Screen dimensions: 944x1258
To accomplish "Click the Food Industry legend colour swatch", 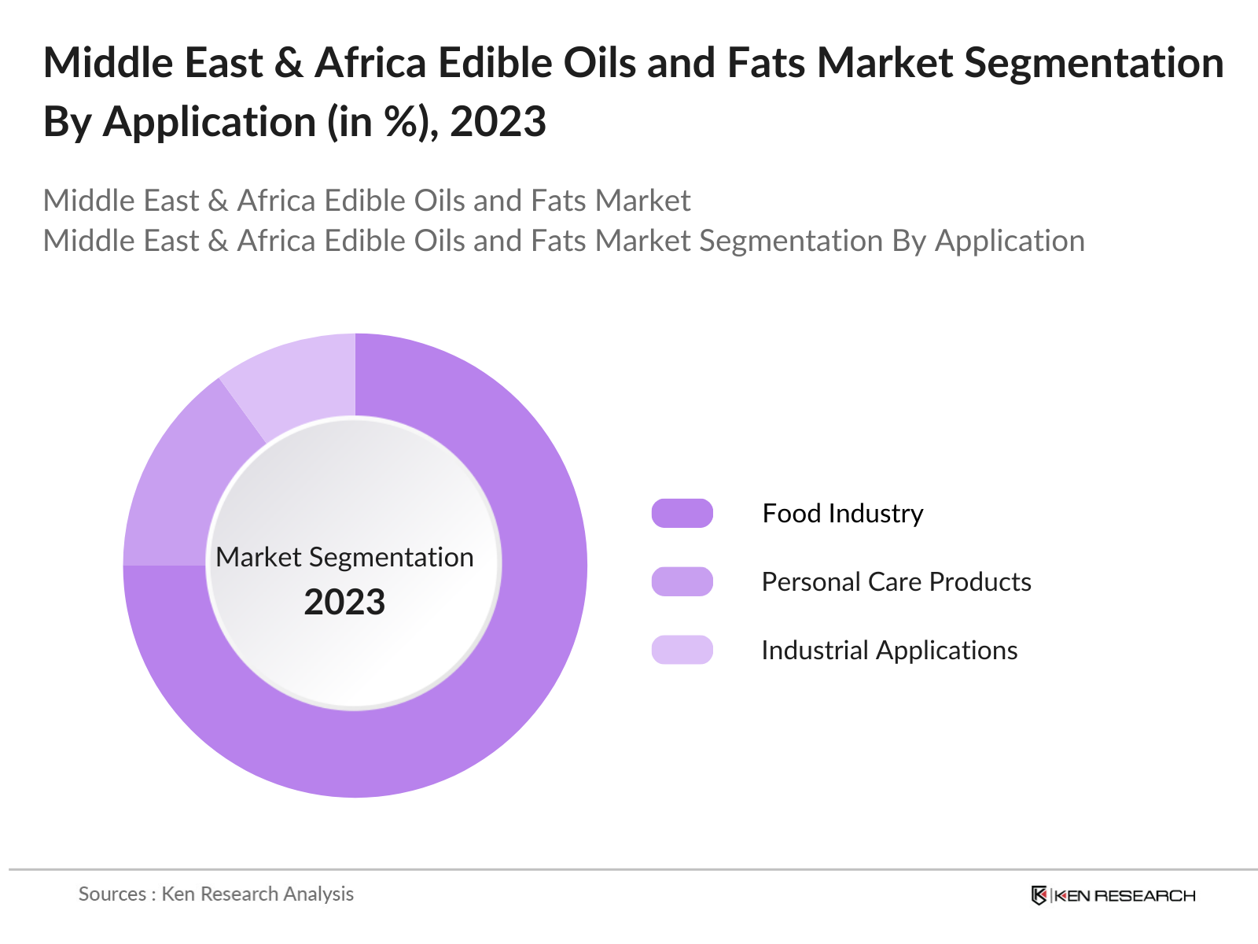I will pos(682,513).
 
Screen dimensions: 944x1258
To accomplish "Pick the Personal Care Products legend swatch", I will pos(682,581).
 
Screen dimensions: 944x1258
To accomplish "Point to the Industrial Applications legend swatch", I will pos(682,650).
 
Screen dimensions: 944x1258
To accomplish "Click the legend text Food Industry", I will pos(842,513).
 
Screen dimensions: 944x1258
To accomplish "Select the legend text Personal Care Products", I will pos(896,581).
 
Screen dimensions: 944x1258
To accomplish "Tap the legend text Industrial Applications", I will pos(889,650).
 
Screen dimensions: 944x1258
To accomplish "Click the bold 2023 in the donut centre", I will pos(344,602).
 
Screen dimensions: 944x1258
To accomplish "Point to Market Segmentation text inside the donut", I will pos(344,557).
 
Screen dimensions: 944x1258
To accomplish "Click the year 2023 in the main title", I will pos(498,122).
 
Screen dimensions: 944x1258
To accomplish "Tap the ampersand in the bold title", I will pos(289,63).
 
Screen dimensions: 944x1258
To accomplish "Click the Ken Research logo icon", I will pos(1039,895).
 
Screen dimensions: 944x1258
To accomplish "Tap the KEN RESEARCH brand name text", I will pos(1124,895).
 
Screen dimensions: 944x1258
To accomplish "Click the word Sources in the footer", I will pos(112,894).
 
